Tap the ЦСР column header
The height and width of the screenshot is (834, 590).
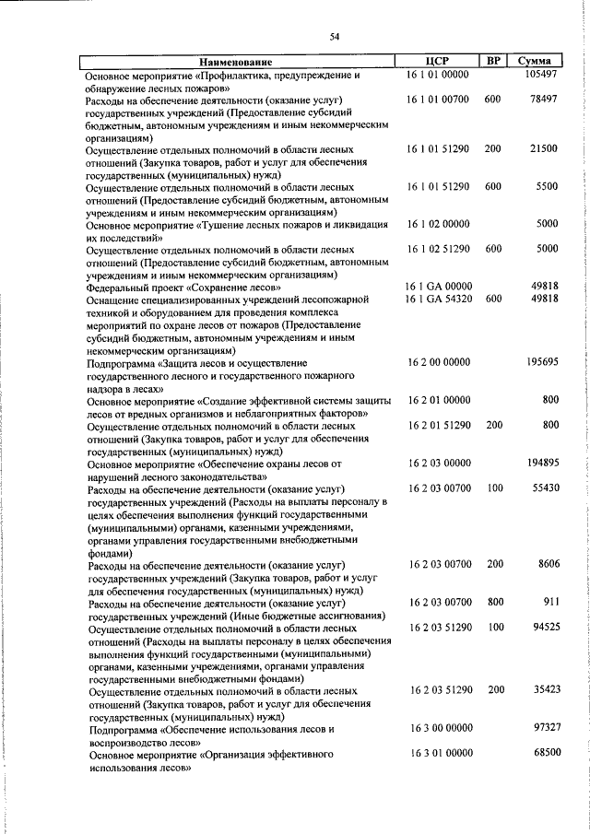coord(438,61)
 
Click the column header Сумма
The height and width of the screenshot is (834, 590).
coord(535,61)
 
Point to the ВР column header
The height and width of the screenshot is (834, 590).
coord(493,61)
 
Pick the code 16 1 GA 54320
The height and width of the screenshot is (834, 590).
coord(438,299)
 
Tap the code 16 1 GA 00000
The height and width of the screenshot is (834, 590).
coord(438,287)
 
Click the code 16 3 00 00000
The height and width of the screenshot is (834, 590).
coord(438,727)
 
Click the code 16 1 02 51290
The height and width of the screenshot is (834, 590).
coord(438,249)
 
